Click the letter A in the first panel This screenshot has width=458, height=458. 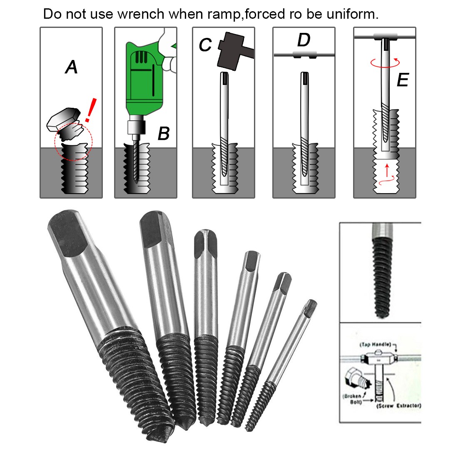point(72,67)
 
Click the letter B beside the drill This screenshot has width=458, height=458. point(164,134)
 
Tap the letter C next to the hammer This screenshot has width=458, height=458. point(205,45)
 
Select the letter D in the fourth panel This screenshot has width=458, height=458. point(304,40)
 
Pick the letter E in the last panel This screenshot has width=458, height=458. point(403,80)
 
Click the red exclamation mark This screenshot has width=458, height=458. point(91,110)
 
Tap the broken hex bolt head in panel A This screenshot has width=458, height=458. point(62,117)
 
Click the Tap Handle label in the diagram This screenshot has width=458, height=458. point(375,344)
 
